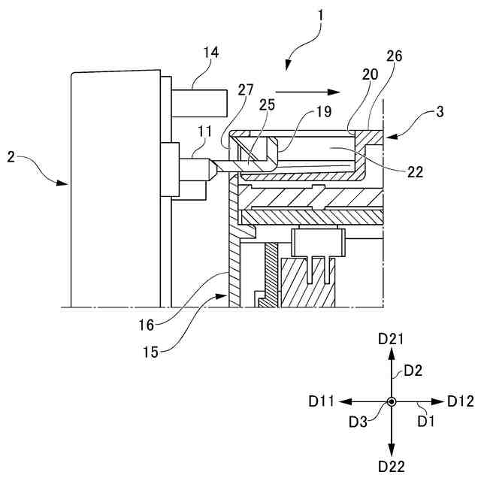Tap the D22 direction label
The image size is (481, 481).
392,467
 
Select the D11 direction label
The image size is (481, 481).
323,402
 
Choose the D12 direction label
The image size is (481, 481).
461,401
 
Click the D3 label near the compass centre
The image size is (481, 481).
358,421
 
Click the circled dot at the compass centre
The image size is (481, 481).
392,403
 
